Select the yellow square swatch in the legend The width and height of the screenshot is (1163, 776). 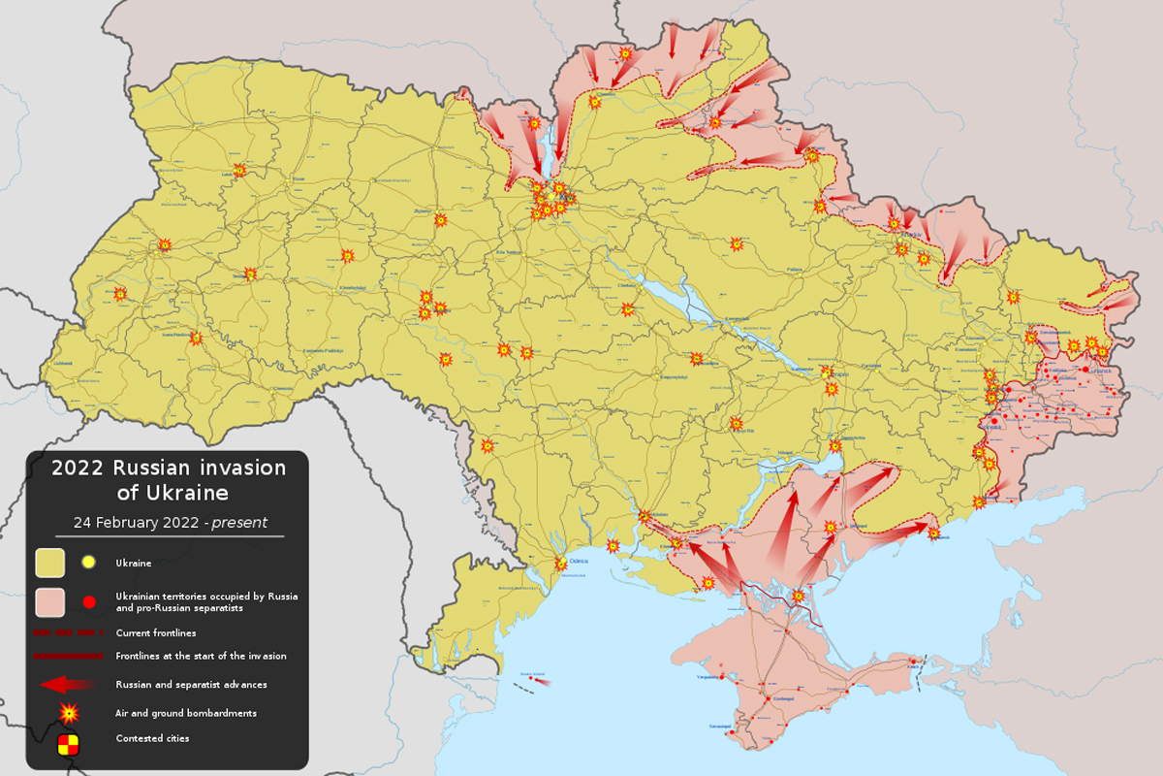point(50,563)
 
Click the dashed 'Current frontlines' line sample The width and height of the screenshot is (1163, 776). point(68,632)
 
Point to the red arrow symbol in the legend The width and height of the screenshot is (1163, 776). point(66,684)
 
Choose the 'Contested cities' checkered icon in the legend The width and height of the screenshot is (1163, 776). point(68,744)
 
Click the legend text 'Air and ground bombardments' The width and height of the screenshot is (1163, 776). point(186,713)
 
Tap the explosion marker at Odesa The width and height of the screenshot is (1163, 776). point(560,564)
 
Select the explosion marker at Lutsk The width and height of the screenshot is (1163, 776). point(239,171)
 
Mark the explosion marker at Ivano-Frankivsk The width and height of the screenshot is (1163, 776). point(197,339)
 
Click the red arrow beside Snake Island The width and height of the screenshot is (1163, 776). point(542,682)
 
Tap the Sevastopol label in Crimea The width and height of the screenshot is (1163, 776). point(746,726)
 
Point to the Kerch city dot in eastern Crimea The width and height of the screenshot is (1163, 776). point(912,664)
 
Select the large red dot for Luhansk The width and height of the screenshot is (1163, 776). point(1084,369)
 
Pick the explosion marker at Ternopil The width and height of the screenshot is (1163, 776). point(251,275)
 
